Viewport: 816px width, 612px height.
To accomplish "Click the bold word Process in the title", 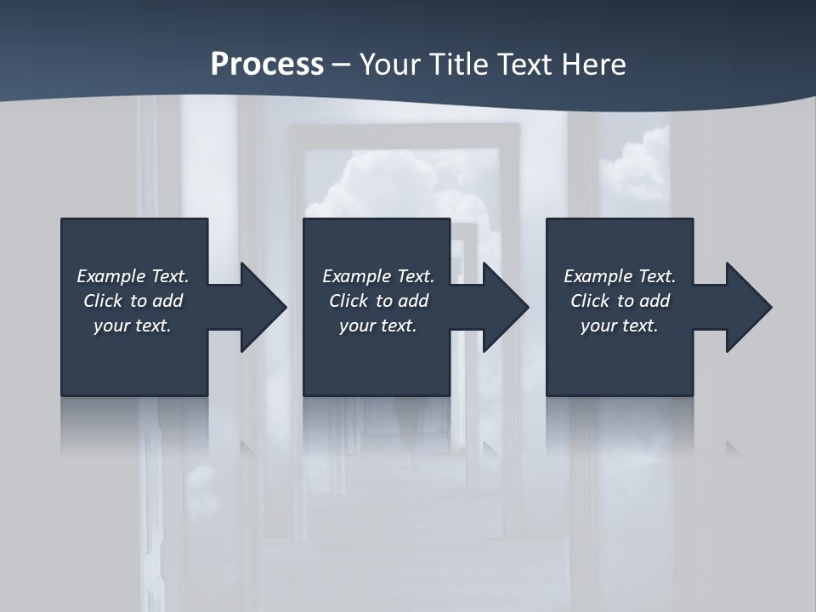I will pos(267,65).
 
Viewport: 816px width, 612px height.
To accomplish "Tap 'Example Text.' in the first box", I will pos(133,276).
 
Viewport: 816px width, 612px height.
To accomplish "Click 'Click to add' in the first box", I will pos(133,301).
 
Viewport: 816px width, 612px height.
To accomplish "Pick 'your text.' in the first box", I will pos(133,326).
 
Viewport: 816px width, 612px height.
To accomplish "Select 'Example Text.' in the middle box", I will pos(378,276).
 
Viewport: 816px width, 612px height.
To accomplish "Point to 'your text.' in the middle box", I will pos(378,326).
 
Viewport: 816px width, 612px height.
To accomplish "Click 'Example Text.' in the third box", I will pos(620,276).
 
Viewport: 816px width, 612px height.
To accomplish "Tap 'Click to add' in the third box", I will pos(620,301).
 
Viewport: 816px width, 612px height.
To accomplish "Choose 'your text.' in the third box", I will pos(620,326).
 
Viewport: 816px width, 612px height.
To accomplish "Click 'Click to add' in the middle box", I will pos(378,301).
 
